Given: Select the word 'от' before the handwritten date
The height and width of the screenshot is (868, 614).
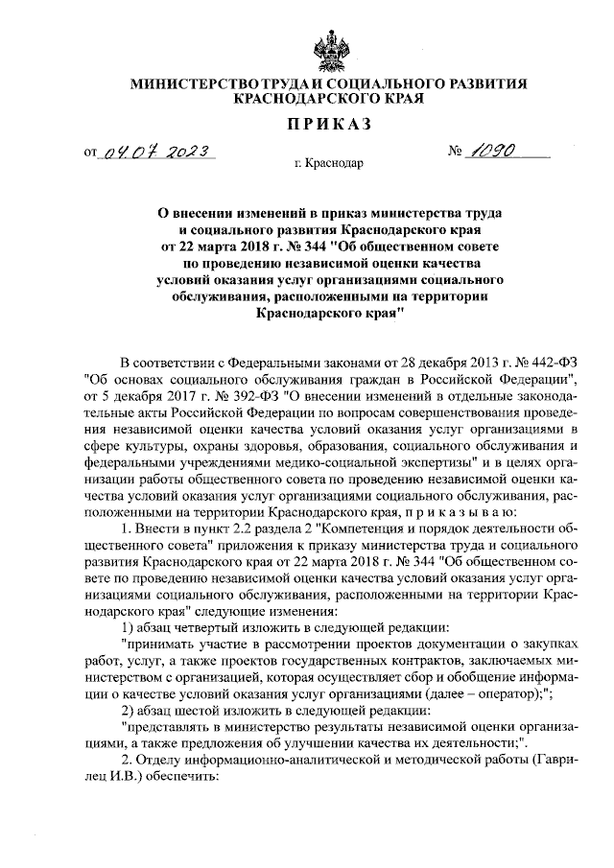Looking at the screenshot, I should pyautogui.click(x=91, y=152).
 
